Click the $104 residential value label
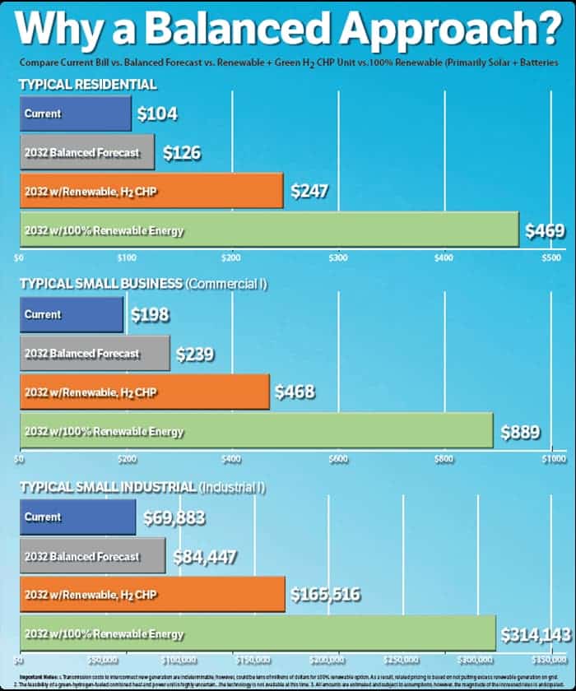click(x=157, y=114)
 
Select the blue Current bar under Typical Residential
click(x=75, y=114)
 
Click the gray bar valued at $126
click(x=86, y=152)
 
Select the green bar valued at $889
click(x=256, y=430)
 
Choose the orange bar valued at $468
click(x=144, y=392)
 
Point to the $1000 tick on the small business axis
click(x=553, y=459)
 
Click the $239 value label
click(x=194, y=355)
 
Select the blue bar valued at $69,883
click(x=77, y=517)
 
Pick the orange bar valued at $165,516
click(x=152, y=594)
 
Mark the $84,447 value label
click(x=204, y=557)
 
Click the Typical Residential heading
click(x=87, y=85)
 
